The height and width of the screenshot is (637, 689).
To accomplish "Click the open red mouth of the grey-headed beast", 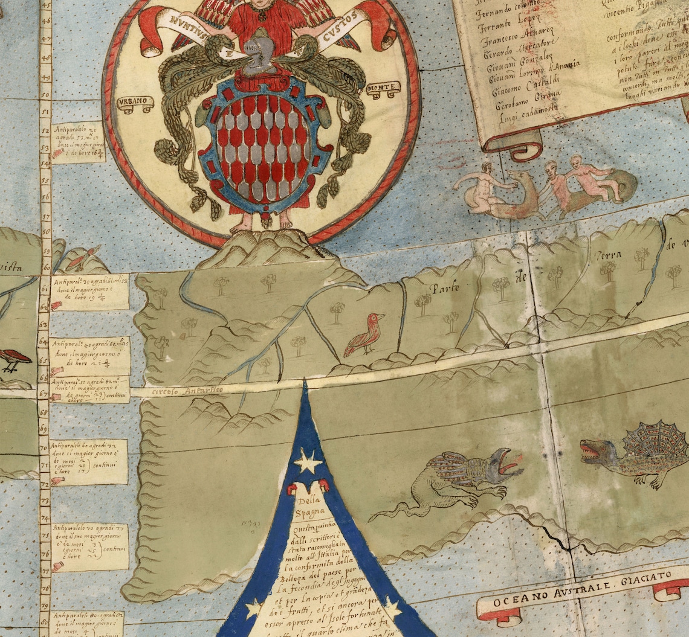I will pos(507,466).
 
